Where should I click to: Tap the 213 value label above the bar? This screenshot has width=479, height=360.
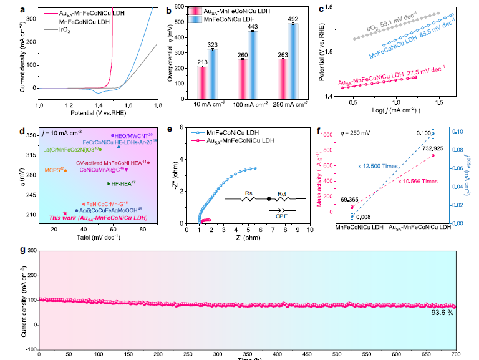(201, 62)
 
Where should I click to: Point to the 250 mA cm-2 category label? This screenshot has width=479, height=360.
(284, 103)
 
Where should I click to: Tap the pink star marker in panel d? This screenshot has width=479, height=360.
(65, 213)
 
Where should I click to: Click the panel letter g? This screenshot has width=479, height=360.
(23, 250)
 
